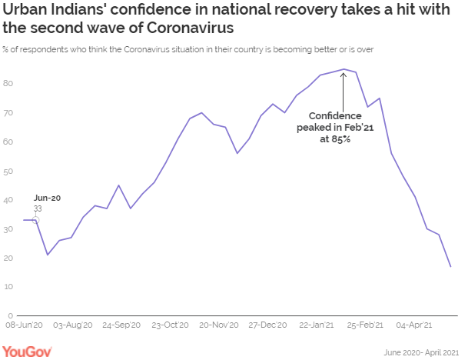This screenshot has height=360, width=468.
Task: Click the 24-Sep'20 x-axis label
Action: [x=122, y=326]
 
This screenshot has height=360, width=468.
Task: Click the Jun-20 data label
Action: [x=47, y=198]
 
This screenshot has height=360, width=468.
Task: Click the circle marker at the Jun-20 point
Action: [x=35, y=220]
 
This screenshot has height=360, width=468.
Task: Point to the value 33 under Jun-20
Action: [x=38, y=208]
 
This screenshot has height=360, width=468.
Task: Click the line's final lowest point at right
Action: [x=450, y=267]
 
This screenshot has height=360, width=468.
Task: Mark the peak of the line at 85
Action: [x=343, y=69]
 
